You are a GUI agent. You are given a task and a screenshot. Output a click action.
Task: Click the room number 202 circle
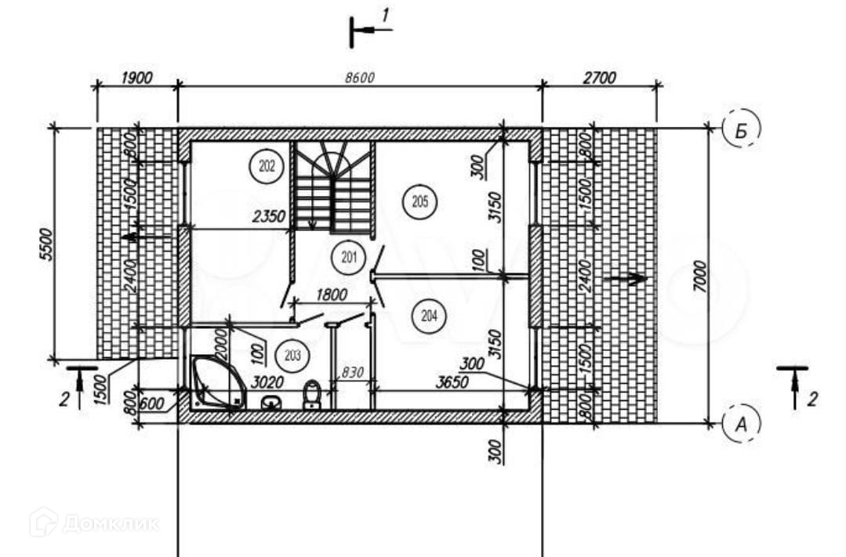pyautogui.click(x=265, y=166)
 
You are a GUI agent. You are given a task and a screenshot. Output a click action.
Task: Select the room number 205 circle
pyautogui.click(x=419, y=202)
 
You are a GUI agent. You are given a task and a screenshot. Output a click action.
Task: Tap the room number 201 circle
pyautogui.click(x=347, y=255)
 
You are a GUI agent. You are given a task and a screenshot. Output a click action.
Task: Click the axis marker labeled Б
pyautogui.click(x=739, y=131)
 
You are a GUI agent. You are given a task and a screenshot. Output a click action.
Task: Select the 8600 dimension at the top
pyautogui.click(x=360, y=78)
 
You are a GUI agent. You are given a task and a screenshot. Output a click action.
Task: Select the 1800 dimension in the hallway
pyautogui.click(x=332, y=295)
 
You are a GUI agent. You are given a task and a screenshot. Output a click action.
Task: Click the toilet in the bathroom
pyautogui.click(x=312, y=395)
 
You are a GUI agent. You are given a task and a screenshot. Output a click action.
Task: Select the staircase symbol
pyautogui.click(x=334, y=188)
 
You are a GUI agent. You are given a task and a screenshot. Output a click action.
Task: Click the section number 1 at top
pyautogui.click(x=385, y=15)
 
